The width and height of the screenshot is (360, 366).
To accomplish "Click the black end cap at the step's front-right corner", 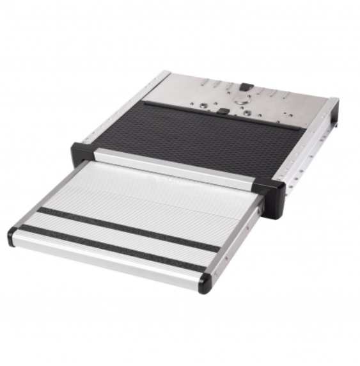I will coord(205,282).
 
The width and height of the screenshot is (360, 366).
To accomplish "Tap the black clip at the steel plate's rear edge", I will coord(244,84).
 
